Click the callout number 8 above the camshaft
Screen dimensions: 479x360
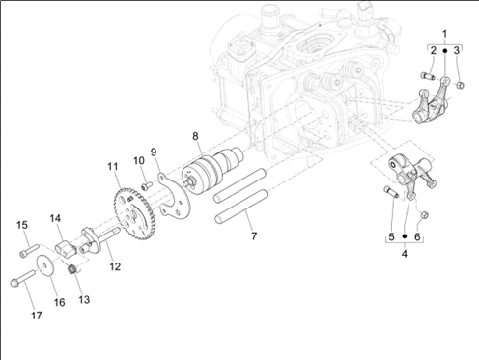pos(195,136)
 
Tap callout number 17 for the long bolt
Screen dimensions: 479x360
pos(37,316)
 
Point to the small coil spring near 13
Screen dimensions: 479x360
pos(74,269)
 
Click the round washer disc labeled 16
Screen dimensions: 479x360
pos(46,265)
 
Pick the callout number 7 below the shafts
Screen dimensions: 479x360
pos(254,236)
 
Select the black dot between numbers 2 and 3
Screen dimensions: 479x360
pos(445,51)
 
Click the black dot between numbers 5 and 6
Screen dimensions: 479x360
pos(405,236)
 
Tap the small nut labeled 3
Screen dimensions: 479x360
pos(461,85)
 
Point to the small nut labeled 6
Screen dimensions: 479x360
pos(425,214)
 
